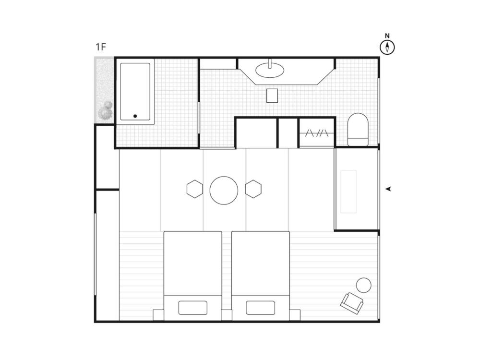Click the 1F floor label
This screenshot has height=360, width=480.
point(101,47)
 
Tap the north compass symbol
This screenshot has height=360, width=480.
point(387,45)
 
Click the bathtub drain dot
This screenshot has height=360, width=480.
point(135,116)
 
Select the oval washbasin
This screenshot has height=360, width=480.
point(270,70)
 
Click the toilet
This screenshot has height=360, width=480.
point(358,130)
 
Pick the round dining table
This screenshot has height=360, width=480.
point(224,191)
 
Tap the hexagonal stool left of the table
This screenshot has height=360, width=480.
point(195,189)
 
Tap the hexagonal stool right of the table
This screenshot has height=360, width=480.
point(253,189)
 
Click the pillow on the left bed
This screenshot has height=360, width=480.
point(192,308)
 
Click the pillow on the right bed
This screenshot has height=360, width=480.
point(260,308)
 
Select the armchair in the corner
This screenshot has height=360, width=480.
point(352,303)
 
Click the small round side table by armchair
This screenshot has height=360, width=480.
point(364,285)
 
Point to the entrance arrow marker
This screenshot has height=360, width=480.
point(388,189)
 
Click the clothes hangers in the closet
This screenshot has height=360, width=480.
point(317,133)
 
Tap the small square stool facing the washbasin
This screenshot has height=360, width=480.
point(272,96)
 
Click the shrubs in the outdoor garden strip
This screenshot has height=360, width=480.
point(105,111)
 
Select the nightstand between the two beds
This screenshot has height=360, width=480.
point(227,315)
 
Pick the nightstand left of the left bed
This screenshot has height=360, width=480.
point(158,315)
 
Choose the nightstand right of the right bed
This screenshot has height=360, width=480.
point(295,315)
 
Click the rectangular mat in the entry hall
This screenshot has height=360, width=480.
point(348,192)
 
